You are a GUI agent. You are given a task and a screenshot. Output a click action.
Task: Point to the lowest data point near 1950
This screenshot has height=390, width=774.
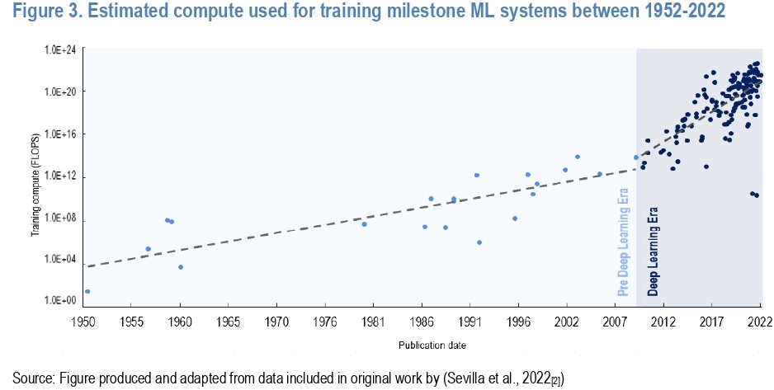click(87, 291)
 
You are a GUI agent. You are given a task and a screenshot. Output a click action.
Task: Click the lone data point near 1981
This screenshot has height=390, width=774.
click(364, 223)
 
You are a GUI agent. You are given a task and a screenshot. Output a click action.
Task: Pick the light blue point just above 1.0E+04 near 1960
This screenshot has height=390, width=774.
click(181, 267)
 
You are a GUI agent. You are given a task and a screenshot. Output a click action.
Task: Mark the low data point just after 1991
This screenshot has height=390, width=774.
click(479, 242)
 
